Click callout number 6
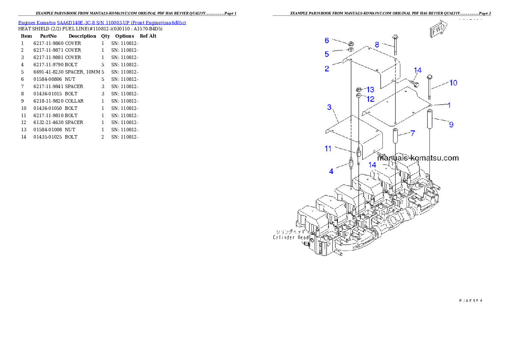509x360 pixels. coord(327,40)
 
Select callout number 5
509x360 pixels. coord(327,54)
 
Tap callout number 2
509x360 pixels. coord(327,68)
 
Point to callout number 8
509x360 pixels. coord(377,44)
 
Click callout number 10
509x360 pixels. coord(453,83)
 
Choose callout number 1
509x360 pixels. coord(449,105)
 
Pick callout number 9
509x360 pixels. coord(451,124)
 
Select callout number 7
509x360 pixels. coord(412,133)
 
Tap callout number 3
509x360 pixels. coord(329,107)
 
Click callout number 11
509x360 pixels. coord(328,149)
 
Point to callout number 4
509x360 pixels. coord(331,172)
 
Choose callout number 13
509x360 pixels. coord(370,89)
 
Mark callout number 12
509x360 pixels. coord(370,99)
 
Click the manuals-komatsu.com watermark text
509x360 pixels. coord(418,158)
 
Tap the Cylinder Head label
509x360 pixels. coord(291,237)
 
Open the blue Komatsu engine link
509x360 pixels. coord(102,22)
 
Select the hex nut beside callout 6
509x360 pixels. coord(350,43)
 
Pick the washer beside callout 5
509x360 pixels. coord(350,50)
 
